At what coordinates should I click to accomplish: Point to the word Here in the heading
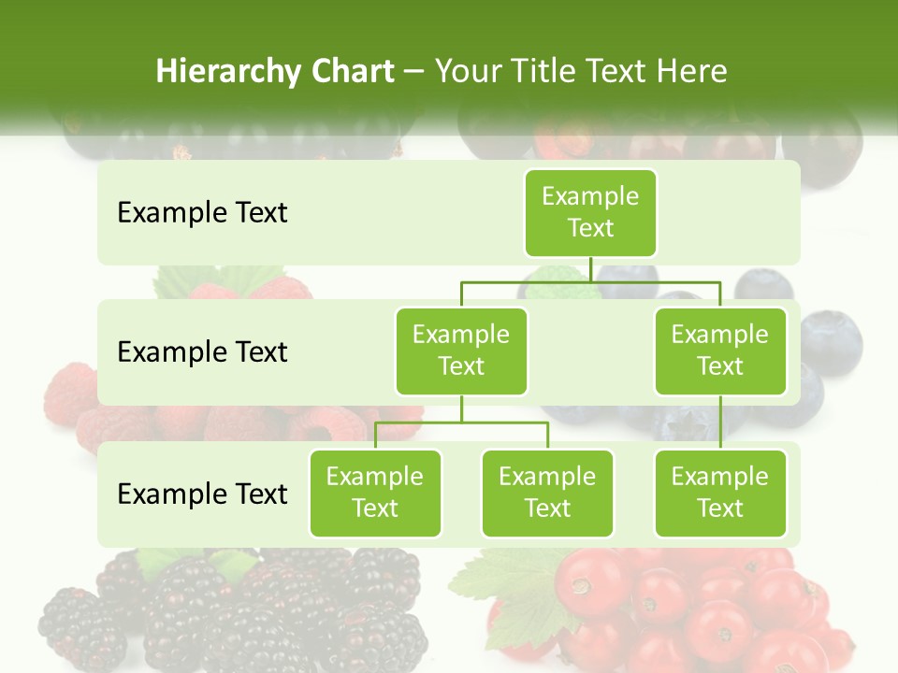click(x=693, y=72)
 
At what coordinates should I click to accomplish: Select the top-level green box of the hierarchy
click(x=590, y=212)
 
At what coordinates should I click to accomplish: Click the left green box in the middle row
click(x=461, y=351)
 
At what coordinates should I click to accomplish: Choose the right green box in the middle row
click(x=720, y=351)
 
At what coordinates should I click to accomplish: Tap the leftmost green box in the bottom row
click(x=375, y=493)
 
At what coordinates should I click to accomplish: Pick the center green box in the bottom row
click(x=547, y=493)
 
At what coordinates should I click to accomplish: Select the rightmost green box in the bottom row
click(x=720, y=493)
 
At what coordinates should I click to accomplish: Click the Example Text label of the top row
click(x=202, y=213)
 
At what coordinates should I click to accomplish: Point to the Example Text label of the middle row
click(x=202, y=352)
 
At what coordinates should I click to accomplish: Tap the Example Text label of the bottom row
click(x=202, y=494)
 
